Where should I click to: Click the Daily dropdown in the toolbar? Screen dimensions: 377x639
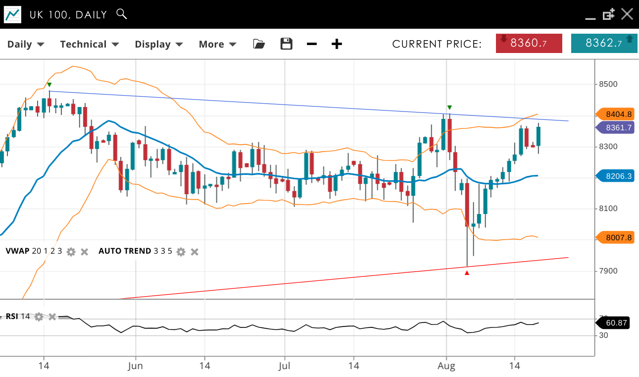(26, 44)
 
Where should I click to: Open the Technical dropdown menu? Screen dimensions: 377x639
(90, 44)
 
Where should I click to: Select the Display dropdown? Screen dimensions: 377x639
(159, 44)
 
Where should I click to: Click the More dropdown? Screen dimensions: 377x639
(217, 44)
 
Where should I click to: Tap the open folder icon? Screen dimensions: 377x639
(259, 44)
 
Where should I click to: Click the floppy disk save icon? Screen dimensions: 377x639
(287, 44)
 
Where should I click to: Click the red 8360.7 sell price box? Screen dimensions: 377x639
(529, 43)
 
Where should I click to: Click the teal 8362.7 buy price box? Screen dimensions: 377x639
(603, 43)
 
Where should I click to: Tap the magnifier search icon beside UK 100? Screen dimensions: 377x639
(121, 14)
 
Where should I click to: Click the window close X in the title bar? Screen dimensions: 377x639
(627, 14)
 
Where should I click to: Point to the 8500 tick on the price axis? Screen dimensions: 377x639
(607, 84)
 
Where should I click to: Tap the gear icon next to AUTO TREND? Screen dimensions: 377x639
(181, 252)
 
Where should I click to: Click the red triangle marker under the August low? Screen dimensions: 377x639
(467, 272)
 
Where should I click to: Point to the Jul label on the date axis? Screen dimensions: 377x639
(285, 366)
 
